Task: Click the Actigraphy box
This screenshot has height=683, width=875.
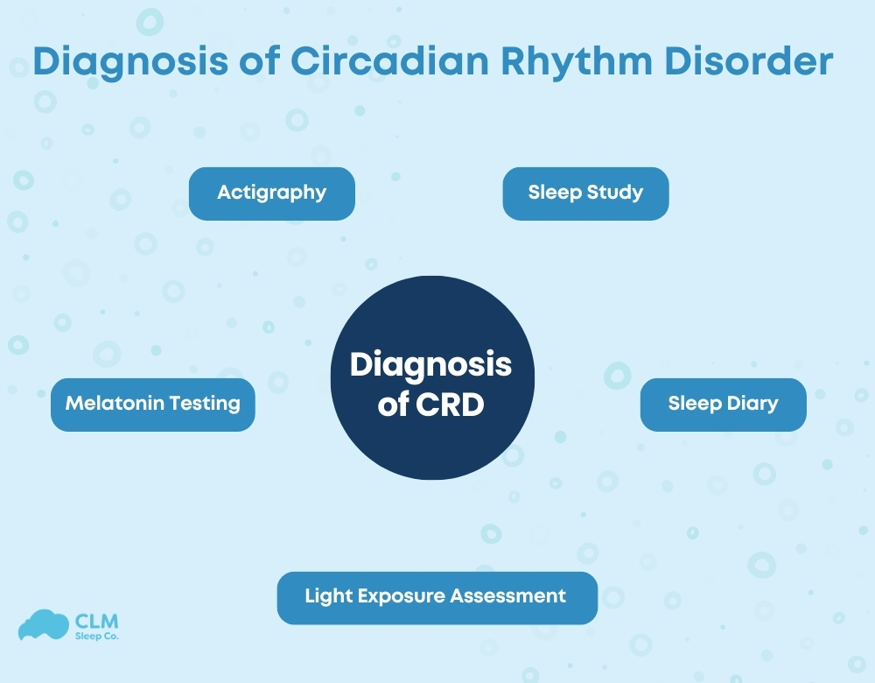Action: point(272,193)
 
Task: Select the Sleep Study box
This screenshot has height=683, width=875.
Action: point(585,193)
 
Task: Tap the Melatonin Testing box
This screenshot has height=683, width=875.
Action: point(153,404)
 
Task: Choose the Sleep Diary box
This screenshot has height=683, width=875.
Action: point(723,404)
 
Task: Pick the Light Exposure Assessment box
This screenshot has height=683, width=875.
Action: point(437,597)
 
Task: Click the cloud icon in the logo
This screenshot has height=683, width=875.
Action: point(44,623)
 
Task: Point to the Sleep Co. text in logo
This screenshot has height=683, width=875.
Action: point(97,636)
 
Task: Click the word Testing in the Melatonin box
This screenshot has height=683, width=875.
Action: point(206,404)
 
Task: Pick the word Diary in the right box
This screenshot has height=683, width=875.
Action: point(751,404)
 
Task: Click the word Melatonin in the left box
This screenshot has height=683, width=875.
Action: point(115,404)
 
